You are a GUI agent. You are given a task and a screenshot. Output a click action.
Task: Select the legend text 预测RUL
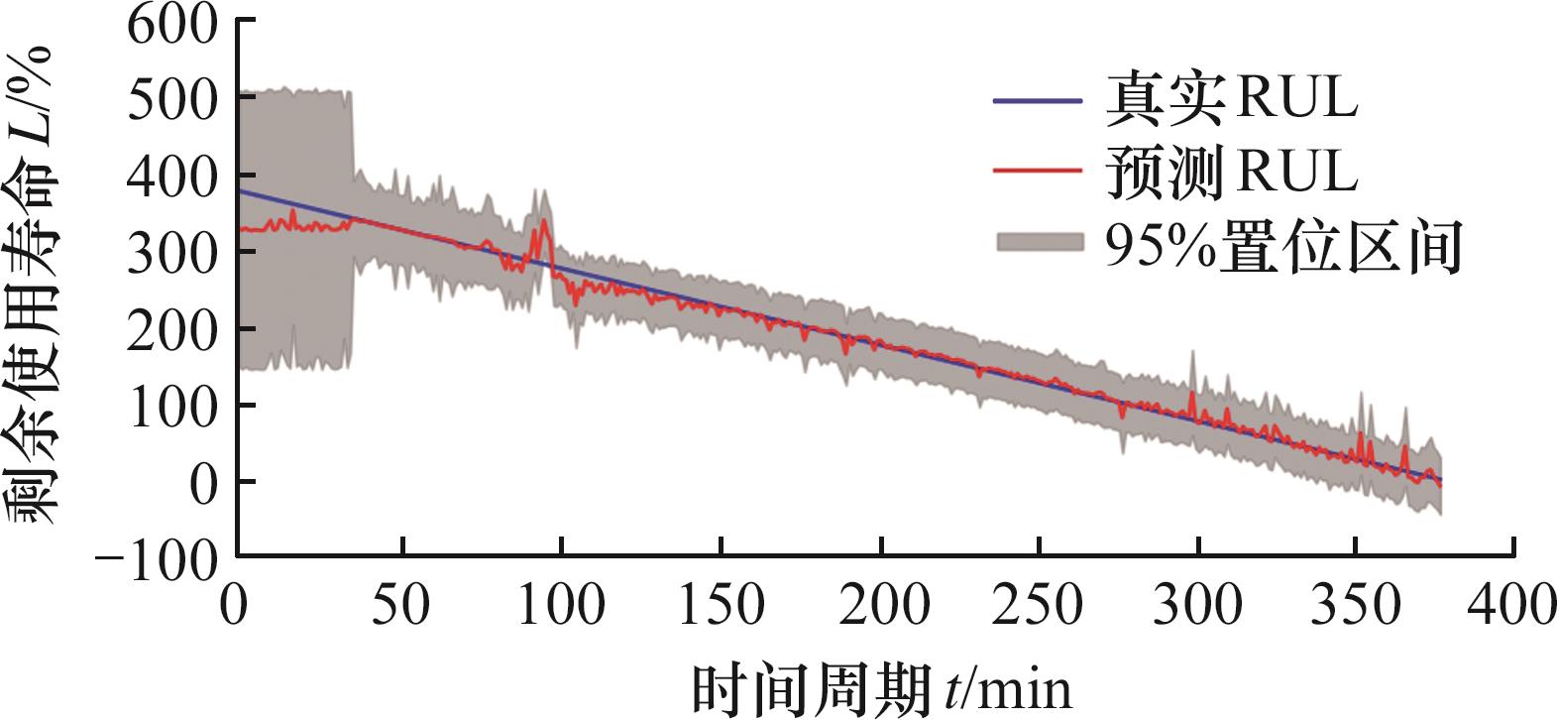(x=1231, y=173)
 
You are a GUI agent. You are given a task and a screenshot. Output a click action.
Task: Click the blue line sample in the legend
(x=1036, y=100)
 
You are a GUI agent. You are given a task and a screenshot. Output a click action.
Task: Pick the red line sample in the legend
(x=1036, y=174)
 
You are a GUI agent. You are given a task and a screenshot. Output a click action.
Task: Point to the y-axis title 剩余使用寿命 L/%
(x=36, y=288)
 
